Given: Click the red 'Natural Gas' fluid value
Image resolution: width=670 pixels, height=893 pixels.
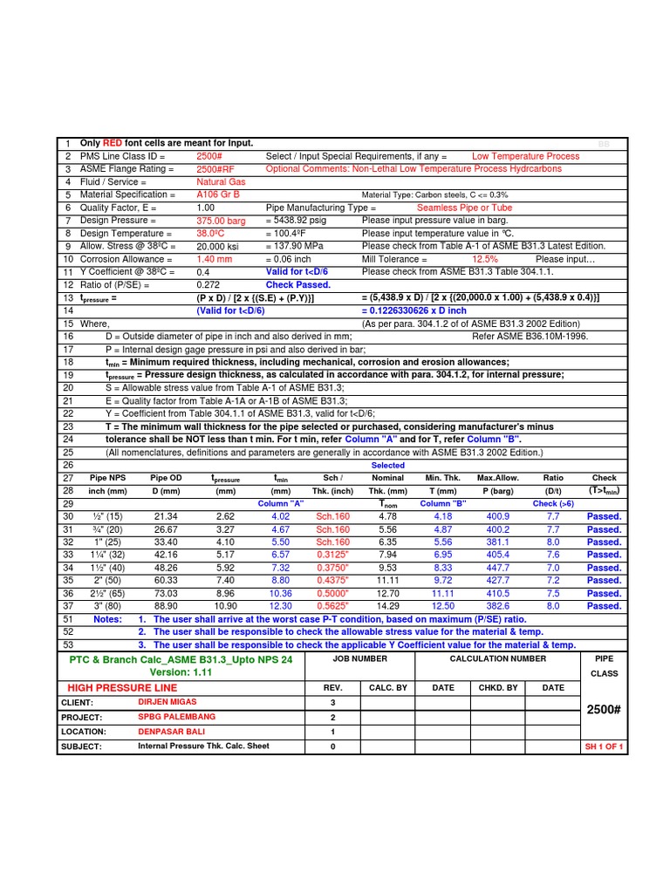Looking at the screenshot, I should tap(221, 182).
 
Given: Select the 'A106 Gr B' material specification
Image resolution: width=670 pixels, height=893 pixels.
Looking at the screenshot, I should tap(218, 195).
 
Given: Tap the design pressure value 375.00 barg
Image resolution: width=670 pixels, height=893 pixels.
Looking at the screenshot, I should tap(221, 222).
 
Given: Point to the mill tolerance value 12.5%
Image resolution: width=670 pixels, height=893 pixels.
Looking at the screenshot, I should tap(484, 260).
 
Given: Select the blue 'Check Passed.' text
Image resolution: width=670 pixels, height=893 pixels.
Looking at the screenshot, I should tap(298, 285).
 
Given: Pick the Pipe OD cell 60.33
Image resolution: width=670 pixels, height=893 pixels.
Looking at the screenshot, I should tap(166, 580).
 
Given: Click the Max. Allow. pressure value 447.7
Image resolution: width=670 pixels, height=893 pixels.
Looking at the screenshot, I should tap(497, 568).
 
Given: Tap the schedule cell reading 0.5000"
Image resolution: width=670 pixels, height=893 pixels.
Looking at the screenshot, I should tap(332, 593).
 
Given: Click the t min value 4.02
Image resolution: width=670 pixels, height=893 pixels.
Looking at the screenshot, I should tap(281, 516).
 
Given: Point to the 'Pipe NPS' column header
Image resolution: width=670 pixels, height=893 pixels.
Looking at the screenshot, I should tap(108, 478).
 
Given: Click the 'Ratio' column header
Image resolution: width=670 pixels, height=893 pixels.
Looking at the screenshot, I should tap(552, 478).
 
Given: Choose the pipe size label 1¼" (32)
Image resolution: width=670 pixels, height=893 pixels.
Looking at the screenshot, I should tap(108, 555).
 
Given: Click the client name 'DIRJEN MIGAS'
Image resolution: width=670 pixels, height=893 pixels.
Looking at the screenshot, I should tap(167, 701).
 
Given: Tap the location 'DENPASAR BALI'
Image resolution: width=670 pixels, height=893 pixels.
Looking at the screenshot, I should tap(173, 732).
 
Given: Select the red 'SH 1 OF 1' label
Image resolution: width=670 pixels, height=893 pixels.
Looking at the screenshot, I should tap(604, 747).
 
